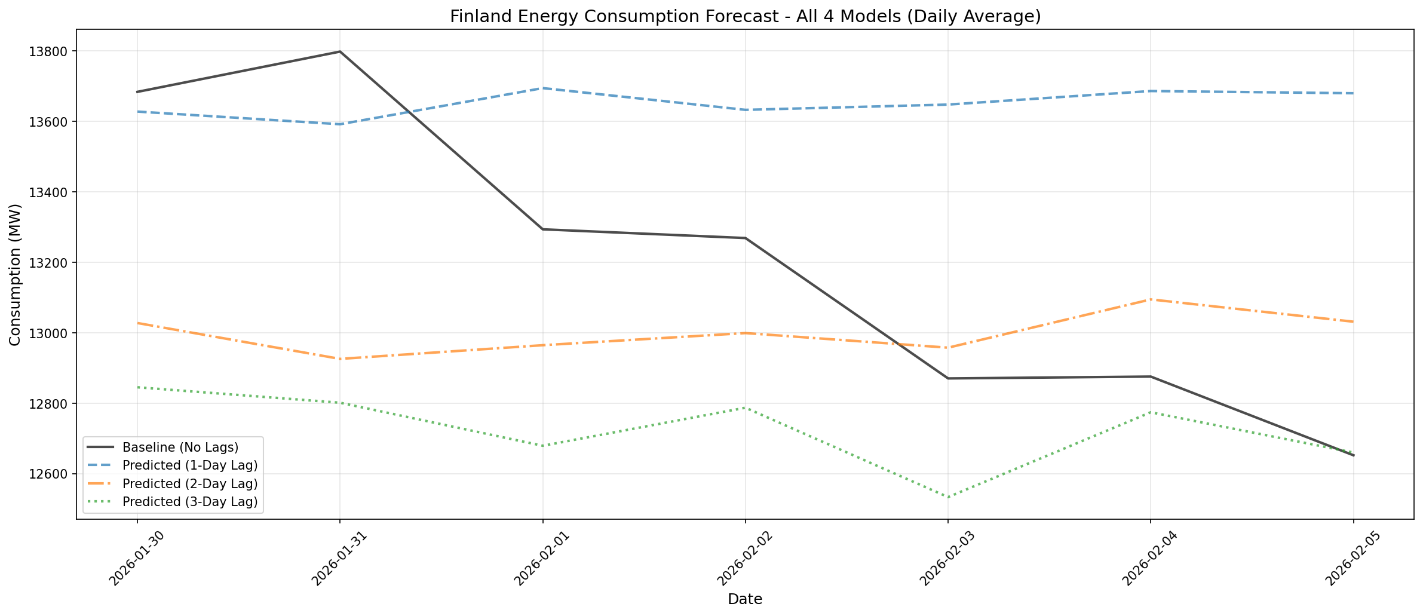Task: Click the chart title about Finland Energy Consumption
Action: (x=745, y=16)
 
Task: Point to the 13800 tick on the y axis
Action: (x=53, y=51)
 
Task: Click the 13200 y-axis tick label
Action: (x=53, y=263)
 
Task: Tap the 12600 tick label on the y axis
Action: (x=53, y=474)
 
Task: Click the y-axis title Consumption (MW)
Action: (x=16, y=274)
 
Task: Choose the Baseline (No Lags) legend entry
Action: (x=180, y=447)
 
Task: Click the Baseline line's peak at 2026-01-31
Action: (x=340, y=51)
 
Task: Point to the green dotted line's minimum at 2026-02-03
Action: (x=947, y=497)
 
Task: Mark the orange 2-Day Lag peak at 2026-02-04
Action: (x=1151, y=299)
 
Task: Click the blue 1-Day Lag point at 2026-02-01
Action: (x=542, y=88)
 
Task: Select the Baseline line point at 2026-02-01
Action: (x=542, y=229)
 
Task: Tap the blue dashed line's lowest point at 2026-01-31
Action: (x=340, y=124)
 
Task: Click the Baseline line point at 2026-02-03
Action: (x=947, y=378)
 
